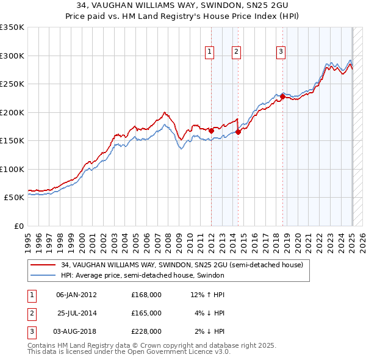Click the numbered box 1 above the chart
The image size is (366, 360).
(209, 52)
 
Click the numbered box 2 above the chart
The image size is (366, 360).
(235, 52)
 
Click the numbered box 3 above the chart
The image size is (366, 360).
(281, 52)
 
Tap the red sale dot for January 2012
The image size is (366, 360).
(211, 131)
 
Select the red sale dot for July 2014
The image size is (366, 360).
(238, 132)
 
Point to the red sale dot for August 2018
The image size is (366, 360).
(282, 96)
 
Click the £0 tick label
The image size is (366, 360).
(18, 226)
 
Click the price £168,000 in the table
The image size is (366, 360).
(146, 295)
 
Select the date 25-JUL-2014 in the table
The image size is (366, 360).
(77, 313)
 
